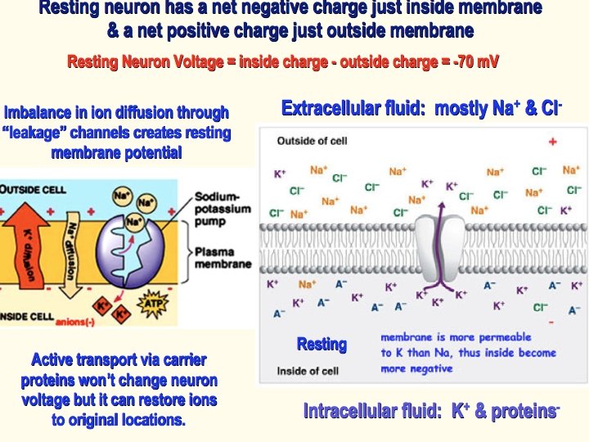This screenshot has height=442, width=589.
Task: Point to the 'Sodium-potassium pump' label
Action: click(217, 209)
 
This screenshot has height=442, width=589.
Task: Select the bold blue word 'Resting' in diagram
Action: click(321, 344)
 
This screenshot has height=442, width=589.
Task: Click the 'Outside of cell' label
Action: click(312, 141)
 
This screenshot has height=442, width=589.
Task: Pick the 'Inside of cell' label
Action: click(308, 371)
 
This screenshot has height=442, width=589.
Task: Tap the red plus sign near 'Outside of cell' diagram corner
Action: click(553, 142)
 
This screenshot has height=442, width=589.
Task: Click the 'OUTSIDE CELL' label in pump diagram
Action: click(33, 189)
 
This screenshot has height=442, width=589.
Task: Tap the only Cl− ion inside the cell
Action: click(540, 308)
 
